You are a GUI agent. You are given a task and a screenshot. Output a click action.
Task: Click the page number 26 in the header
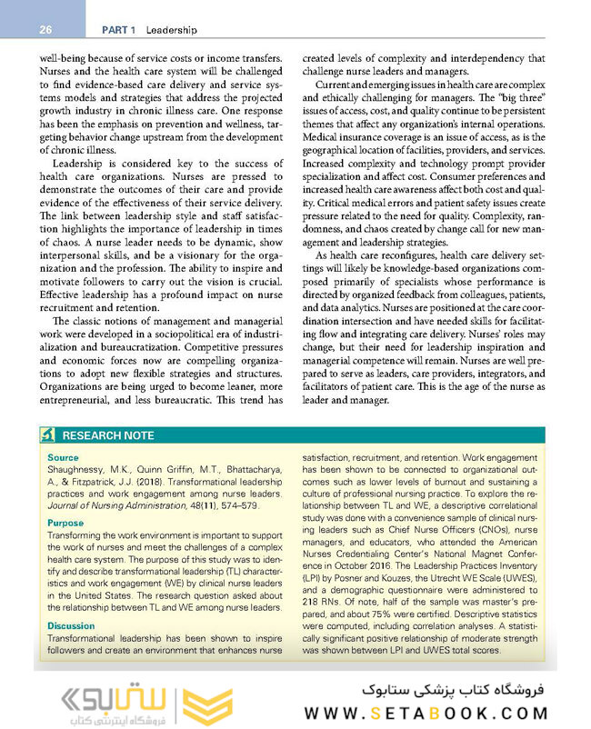click(45, 30)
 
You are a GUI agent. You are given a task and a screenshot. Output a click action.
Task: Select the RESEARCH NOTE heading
click(108, 435)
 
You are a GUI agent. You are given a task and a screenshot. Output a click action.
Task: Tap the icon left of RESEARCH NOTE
click(48, 435)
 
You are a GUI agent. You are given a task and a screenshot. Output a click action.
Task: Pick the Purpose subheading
click(65, 524)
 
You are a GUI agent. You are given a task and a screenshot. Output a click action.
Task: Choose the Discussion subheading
click(70, 625)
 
